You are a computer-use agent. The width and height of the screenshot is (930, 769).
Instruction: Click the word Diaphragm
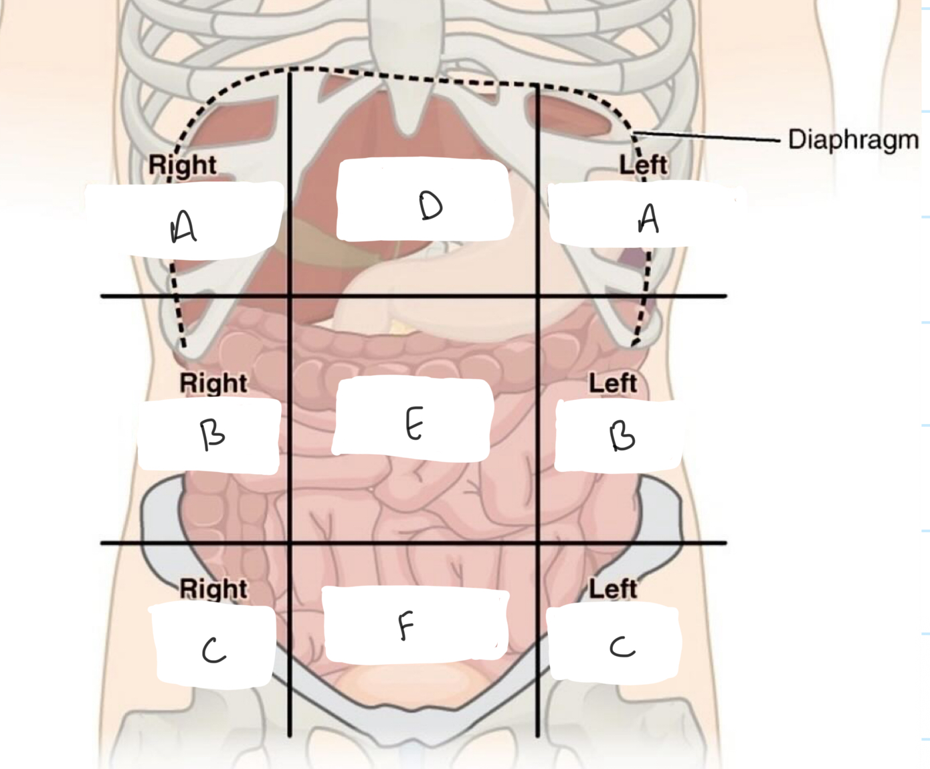coord(853,139)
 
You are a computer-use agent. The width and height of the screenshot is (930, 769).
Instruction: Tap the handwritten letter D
coord(430,205)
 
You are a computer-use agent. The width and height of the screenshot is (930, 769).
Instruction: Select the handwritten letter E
coord(414,425)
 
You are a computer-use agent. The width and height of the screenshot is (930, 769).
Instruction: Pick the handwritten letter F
coord(405,627)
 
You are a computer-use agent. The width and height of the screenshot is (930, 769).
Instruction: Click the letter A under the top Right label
coord(183,227)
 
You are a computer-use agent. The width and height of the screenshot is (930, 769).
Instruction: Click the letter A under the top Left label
coord(648,218)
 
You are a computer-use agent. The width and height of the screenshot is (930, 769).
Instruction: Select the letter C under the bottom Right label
coord(213,650)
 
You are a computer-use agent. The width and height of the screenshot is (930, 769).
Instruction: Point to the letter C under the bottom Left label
coord(622,647)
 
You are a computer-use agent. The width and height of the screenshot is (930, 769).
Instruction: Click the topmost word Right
coord(182,164)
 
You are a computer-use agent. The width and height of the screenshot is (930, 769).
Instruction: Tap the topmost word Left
coord(643,164)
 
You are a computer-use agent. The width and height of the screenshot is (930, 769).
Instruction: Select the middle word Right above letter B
coord(213,383)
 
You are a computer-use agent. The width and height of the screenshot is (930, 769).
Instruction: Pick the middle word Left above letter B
coord(612,383)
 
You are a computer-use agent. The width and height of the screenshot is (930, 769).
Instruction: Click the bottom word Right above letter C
coord(213,588)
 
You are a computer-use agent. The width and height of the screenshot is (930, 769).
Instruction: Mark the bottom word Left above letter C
coord(612,588)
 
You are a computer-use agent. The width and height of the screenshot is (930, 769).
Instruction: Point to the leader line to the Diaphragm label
coord(709,137)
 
